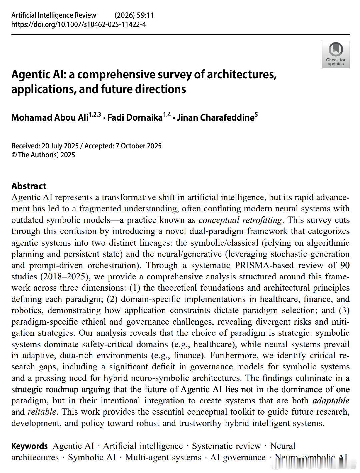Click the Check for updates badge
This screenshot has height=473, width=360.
pos(336,54)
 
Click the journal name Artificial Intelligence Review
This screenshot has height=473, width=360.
pos(54,15)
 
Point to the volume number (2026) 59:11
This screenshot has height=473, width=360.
pos(134,15)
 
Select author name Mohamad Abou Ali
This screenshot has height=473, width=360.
pos(50,118)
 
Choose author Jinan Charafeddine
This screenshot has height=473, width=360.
pos(215,118)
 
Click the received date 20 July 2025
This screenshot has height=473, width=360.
pos(60,146)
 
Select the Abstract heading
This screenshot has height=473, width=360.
pos(29,186)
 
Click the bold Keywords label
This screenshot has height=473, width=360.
pos(30,446)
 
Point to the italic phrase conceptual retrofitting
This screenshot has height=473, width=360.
pos(240,220)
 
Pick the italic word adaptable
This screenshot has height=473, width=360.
pos(331,400)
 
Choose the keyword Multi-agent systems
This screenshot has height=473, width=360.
pos(163,457)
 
